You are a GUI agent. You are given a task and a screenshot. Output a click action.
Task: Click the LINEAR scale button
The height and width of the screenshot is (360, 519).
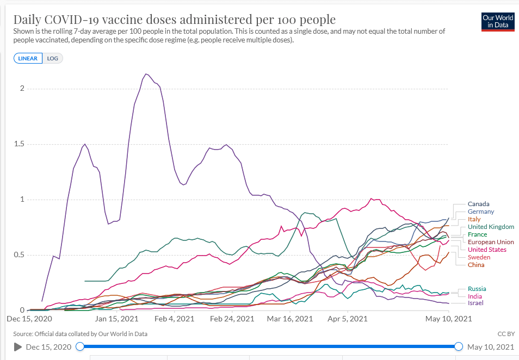click(28, 59)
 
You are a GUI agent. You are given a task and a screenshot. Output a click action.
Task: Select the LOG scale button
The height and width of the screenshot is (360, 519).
click(53, 59)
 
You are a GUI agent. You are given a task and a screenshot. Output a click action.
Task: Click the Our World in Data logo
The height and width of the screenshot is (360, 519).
click(498, 22)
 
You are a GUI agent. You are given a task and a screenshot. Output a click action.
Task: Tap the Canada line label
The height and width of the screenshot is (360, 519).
click(479, 204)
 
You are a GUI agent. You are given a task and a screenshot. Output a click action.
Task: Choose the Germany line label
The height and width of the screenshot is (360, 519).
click(481, 212)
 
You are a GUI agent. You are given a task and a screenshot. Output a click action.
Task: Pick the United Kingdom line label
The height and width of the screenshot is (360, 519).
click(491, 227)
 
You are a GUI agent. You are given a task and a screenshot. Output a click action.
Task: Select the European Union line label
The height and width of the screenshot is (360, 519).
click(491, 242)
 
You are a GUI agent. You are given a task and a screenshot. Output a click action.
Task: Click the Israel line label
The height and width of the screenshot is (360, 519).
click(475, 303)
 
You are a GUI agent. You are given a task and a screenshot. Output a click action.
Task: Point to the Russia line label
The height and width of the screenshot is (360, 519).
click(477, 289)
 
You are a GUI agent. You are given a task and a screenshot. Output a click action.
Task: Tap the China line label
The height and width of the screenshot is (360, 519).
click(476, 265)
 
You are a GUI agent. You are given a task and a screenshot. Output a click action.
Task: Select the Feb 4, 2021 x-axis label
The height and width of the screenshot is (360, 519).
click(174, 319)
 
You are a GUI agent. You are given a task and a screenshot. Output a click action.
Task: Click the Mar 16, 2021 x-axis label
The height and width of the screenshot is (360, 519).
click(290, 319)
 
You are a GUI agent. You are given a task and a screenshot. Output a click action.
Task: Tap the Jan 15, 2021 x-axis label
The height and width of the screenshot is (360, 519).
click(116, 319)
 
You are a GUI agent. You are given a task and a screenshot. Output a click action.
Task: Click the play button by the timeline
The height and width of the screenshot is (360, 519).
click(17, 347)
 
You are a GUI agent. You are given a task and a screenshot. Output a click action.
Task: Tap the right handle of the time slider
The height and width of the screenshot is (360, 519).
click(458, 346)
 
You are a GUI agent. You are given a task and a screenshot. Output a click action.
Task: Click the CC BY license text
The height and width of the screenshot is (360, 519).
click(505, 334)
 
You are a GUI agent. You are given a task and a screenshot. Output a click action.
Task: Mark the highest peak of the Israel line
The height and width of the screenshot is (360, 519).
click(146, 74)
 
